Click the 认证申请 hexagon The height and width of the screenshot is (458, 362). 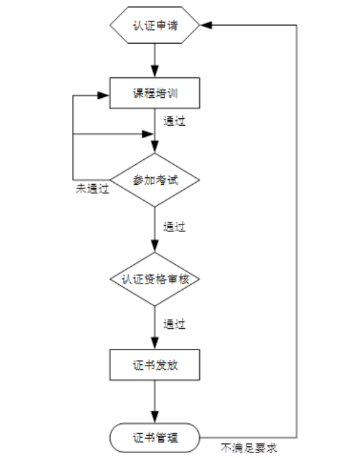155,26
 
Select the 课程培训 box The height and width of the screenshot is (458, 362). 155,92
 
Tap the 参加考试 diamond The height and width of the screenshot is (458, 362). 155,180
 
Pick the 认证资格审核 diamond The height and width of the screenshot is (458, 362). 155,279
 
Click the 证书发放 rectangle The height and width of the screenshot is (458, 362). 155,366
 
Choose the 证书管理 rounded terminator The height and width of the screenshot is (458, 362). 155,438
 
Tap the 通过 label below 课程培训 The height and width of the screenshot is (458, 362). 174,120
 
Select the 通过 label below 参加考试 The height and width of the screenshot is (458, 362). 174,226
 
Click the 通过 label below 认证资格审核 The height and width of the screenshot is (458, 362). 174,324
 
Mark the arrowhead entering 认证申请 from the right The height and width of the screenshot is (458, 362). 206,26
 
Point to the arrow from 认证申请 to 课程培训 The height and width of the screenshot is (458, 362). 155,59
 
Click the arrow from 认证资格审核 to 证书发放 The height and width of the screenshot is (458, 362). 155,327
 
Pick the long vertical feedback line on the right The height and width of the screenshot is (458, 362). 297,229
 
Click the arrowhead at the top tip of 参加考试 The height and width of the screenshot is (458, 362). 155,148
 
